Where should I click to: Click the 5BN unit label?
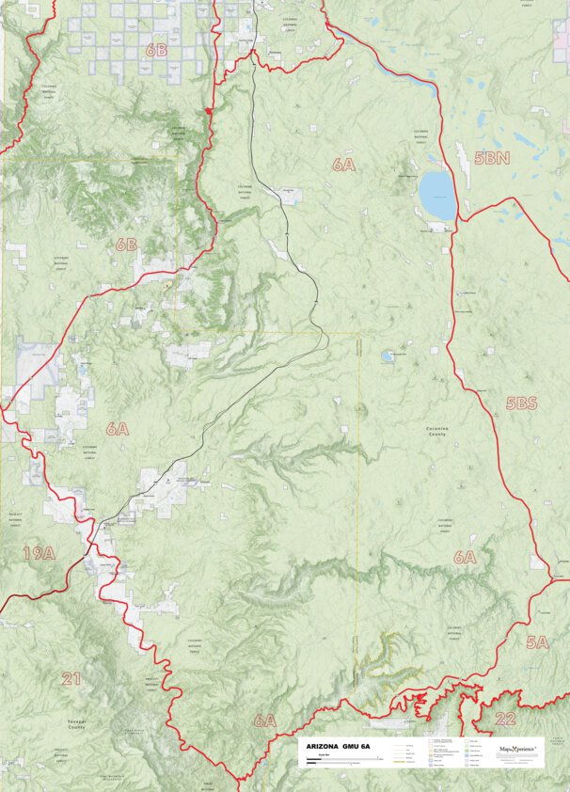tap(491, 159)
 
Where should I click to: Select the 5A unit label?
tap(536, 642)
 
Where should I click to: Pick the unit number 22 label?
tap(505, 719)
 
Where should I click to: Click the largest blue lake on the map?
tap(436, 194)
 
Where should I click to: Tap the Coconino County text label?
tap(435, 432)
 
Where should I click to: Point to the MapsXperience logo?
tap(516, 750)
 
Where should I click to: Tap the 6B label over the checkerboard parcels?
tap(156, 50)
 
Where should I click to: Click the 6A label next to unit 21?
tap(264, 721)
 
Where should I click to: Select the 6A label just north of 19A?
tap(117, 429)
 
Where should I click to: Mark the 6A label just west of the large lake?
tap(344, 165)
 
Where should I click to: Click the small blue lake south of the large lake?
tap(387, 356)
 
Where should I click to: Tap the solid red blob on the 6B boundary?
tap(208, 114)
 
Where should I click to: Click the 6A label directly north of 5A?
tap(465, 557)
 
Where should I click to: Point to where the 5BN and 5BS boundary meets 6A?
tap(458, 220)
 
